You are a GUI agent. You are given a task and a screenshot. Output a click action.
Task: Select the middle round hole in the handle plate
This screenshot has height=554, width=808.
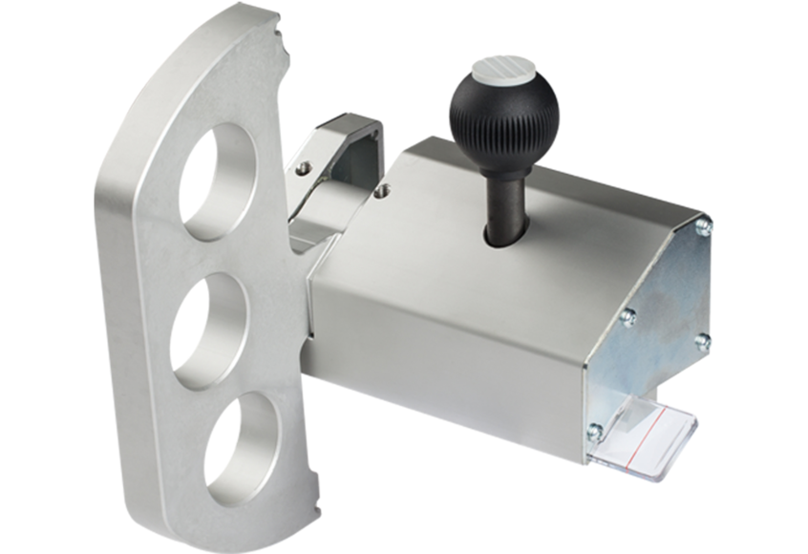(x=209, y=330)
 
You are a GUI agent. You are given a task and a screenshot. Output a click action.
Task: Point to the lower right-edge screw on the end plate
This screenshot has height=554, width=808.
(x=702, y=341)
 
